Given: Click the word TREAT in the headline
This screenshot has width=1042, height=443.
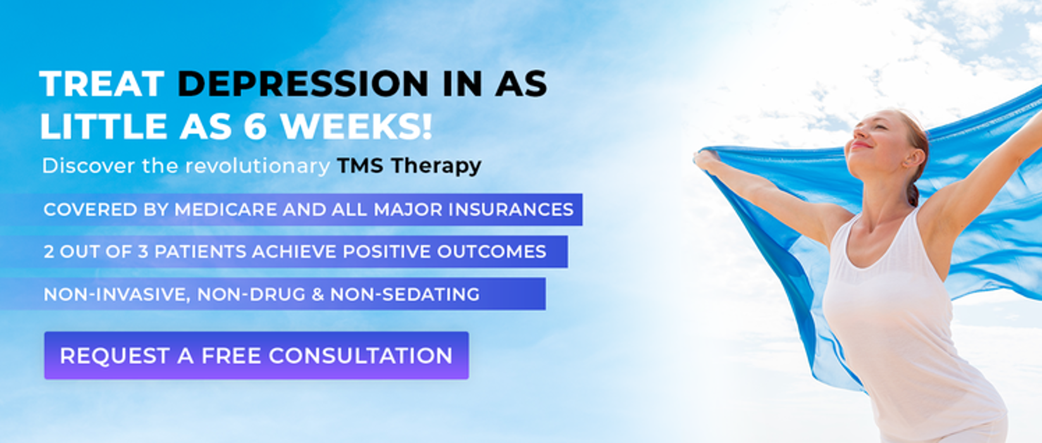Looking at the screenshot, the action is point(102,84).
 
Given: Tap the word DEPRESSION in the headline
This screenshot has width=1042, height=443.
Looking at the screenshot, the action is point(303,84).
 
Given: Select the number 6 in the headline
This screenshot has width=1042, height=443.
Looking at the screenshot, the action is point(256,127).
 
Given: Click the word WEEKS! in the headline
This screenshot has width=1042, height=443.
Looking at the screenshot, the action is point(357,127).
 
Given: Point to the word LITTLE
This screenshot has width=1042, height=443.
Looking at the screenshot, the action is point(103,127).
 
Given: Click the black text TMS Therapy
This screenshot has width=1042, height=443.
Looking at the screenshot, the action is point(409,166).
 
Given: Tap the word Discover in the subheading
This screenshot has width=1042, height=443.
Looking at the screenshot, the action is point(89,166).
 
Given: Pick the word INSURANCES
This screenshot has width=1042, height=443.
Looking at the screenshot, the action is point(511,209).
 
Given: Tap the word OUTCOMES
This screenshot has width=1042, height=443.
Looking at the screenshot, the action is point(491,252).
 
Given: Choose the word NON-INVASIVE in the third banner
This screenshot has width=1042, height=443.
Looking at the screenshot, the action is point(117,294).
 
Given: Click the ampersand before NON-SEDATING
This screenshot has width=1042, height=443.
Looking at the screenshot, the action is point(318,294).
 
